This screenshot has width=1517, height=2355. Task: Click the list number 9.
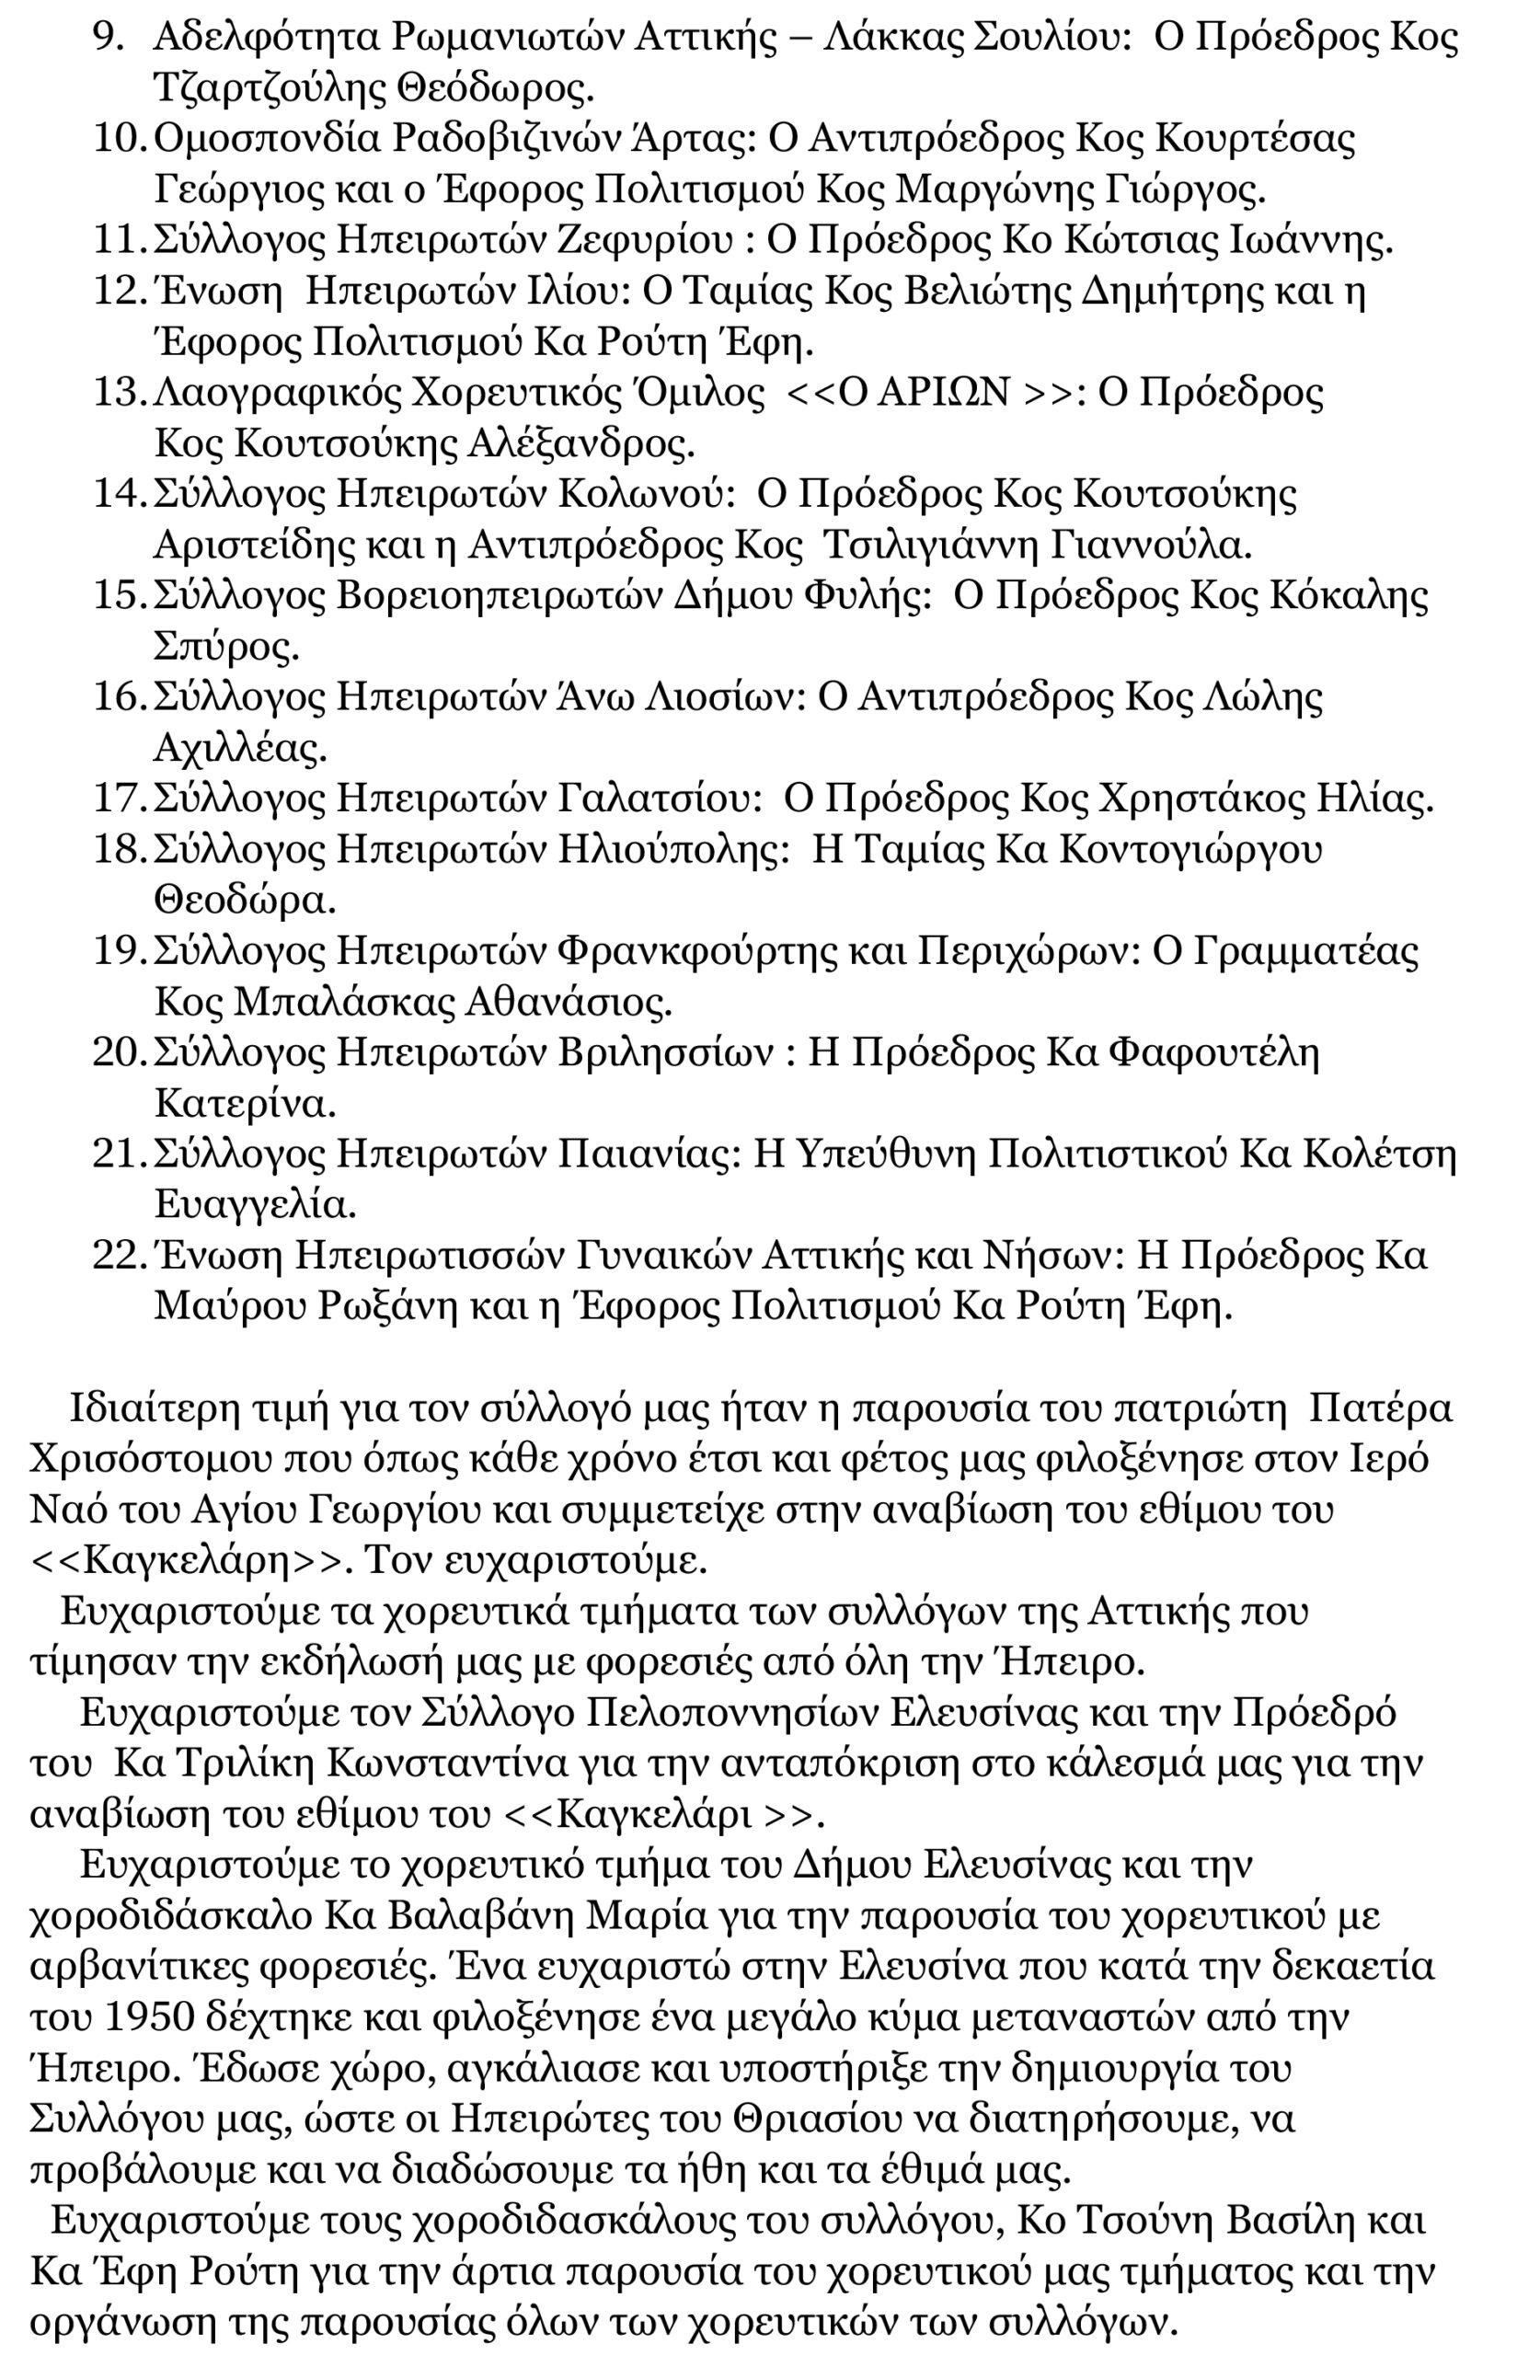[x=108, y=38]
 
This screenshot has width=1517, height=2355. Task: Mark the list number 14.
[x=117, y=494]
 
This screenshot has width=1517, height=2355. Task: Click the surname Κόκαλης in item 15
[x=1348, y=596]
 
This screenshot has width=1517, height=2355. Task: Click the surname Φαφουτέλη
[x=1213, y=1053]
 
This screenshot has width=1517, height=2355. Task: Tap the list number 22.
[x=117, y=1256]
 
